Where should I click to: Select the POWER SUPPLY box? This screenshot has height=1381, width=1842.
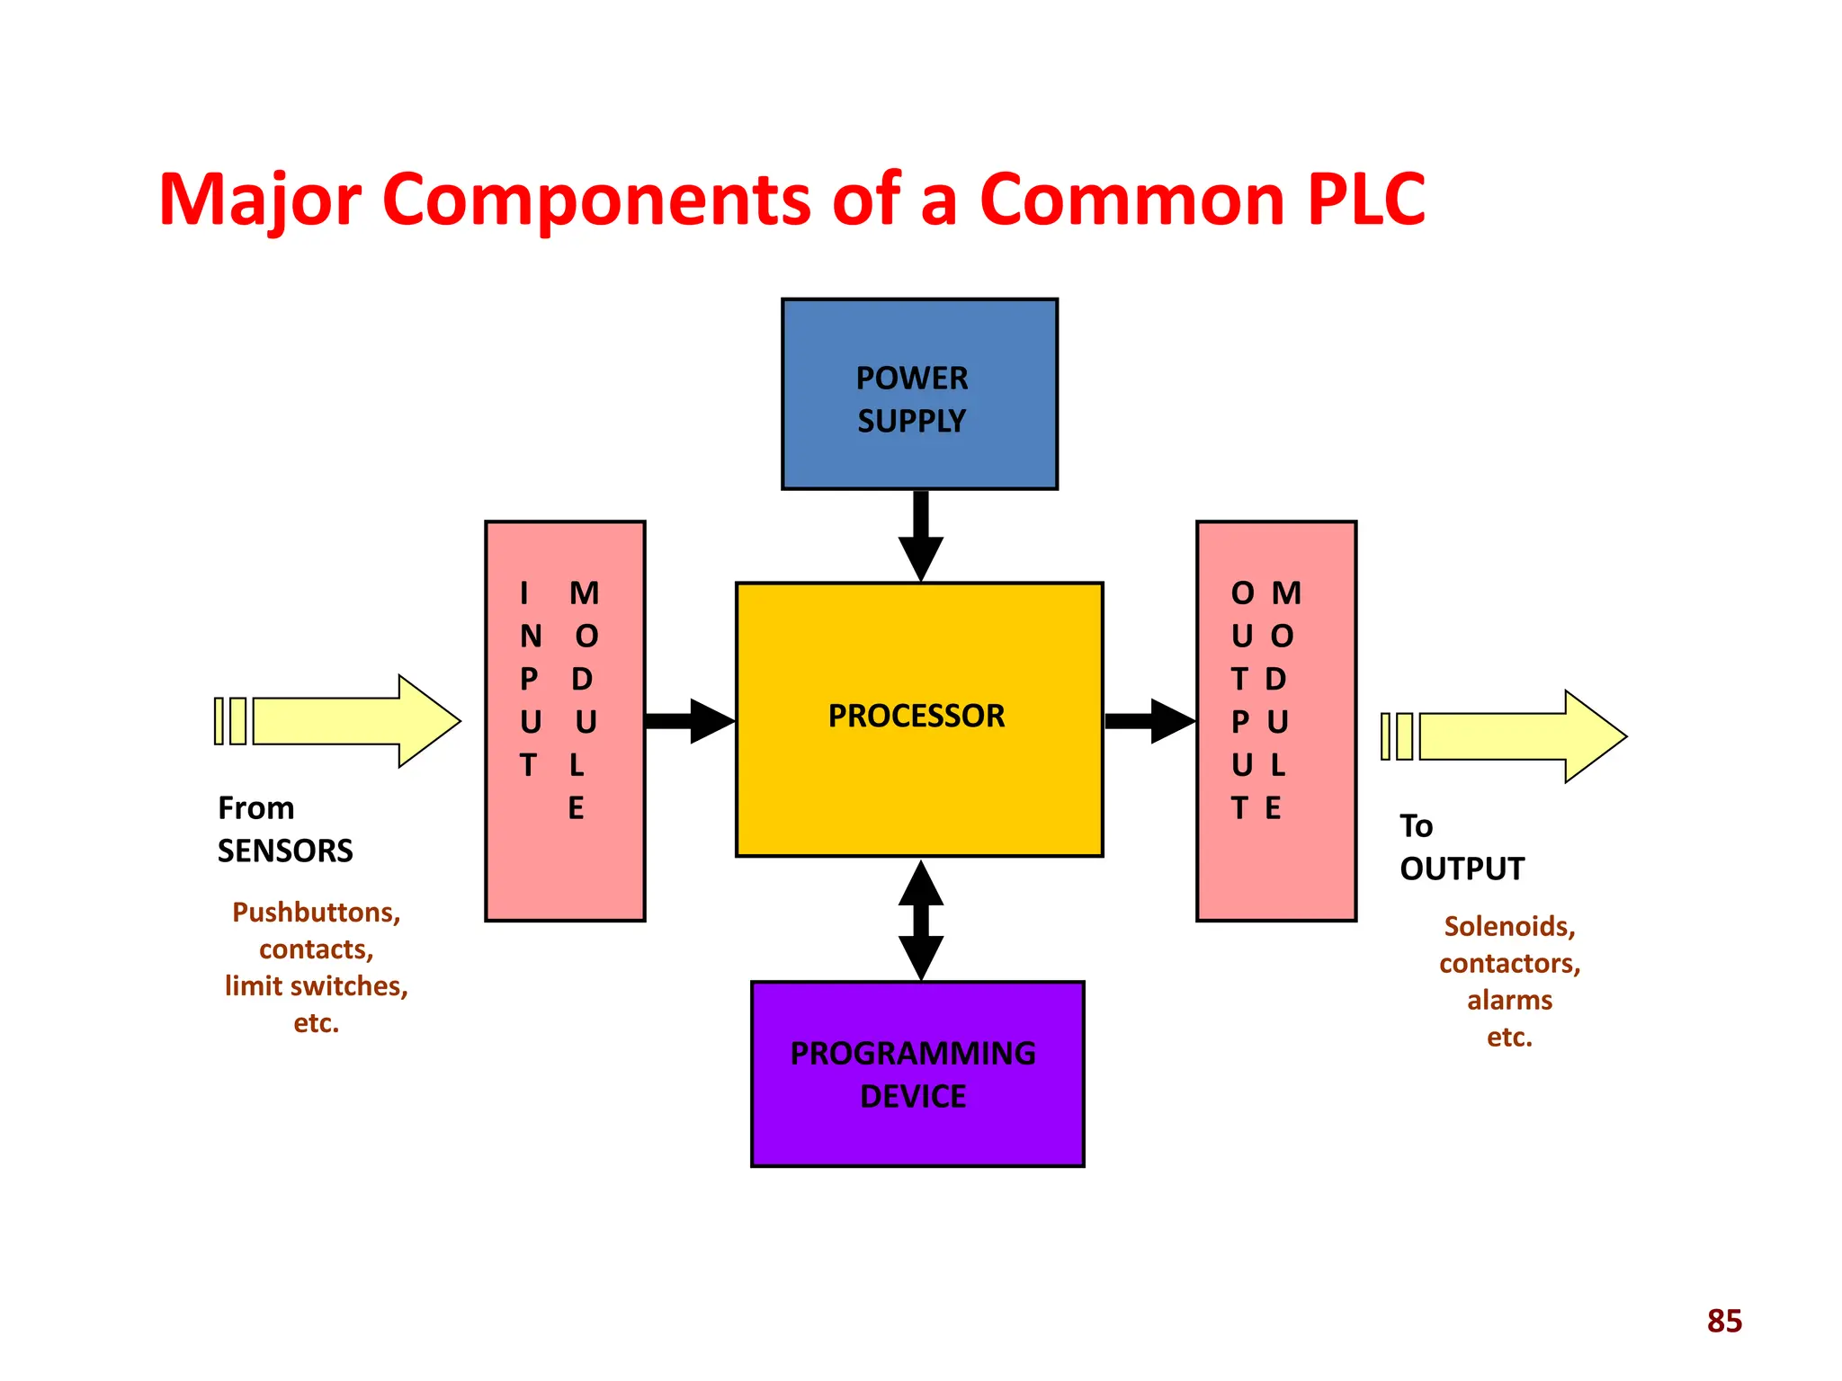(x=919, y=395)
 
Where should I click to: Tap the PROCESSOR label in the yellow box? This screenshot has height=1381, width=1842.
(x=916, y=717)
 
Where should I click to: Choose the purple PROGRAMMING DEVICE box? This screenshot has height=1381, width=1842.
(x=917, y=1074)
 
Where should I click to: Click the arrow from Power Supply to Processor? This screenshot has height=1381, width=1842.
(x=921, y=535)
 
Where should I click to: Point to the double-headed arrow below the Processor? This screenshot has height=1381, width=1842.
(x=921, y=920)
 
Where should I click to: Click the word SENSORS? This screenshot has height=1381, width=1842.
(x=285, y=851)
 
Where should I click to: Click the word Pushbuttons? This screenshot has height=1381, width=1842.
(x=316, y=913)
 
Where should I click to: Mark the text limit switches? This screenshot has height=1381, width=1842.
(x=316, y=986)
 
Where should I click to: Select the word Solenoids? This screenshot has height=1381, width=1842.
(x=1509, y=926)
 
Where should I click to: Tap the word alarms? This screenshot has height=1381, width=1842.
(x=1509, y=1000)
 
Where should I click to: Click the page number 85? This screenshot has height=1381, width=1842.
(x=1724, y=1321)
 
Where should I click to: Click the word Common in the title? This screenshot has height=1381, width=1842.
(x=1131, y=199)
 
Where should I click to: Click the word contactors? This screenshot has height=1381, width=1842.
(x=1509, y=963)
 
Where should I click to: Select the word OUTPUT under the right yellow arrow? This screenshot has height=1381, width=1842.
(x=1462, y=869)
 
